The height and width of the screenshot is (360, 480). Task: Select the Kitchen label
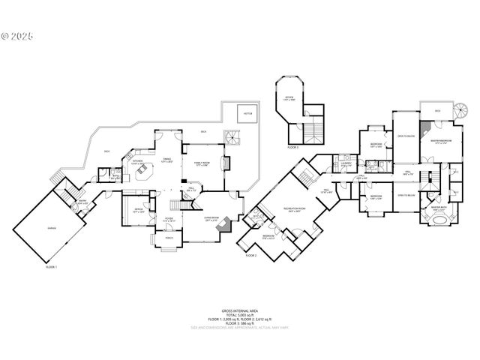pyautogui.click(x=138, y=161)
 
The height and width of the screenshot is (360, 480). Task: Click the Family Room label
pyautogui.click(x=202, y=163)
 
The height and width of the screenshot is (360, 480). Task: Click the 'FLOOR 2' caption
pyautogui.click(x=251, y=256)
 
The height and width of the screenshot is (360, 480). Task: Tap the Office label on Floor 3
pyautogui.click(x=289, y=97)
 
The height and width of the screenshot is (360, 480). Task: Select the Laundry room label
pyautogui.click(x=346, y=163)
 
